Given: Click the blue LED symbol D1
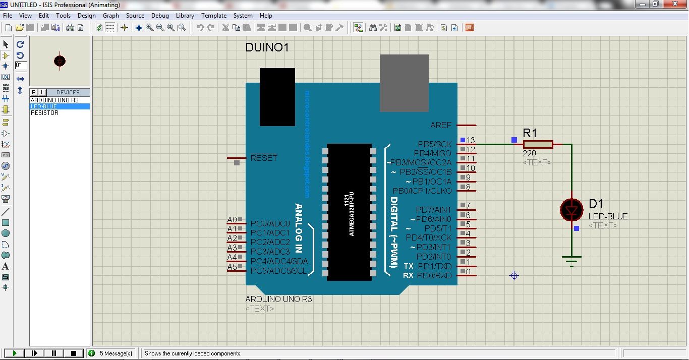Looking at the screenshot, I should (x=571, y=209).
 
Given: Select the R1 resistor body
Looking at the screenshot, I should (x=538, y=144).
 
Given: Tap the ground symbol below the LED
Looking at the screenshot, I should (x=571, y=260).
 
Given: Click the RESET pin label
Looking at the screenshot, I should (x=264, y=158).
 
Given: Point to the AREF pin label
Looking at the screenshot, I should (x=441, y=125).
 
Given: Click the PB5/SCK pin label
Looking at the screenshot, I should (x=435, y=145).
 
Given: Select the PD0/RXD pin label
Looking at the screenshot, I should (x=434, y=276).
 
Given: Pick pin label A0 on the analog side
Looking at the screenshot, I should (x=232, y=220).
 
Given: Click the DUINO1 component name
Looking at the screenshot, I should (x=267, y=48).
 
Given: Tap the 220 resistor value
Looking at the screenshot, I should (x=530, y=154).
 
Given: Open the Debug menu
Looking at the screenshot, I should (x=160, y=16).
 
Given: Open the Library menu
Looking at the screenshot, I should (x=185, y=16).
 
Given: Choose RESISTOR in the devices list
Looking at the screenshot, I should (x=44, y=113).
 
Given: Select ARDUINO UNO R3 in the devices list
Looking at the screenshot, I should (x=54, y=100).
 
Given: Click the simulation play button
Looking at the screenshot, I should (x=15, y=353).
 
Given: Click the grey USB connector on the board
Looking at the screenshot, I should (x=404, y=83).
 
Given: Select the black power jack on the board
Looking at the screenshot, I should (x=277, y=97).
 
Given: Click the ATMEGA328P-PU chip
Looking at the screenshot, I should (x=349, y=212).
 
